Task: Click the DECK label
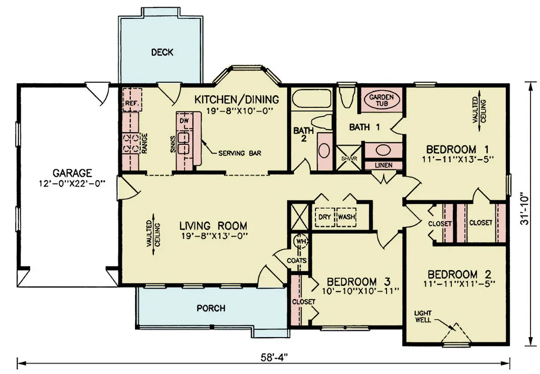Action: tap(162, 52)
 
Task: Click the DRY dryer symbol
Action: tap(324, 217)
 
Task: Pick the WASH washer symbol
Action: tap(346, 217)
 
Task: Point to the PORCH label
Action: tap(210, 308)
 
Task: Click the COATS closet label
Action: tap(297, 260)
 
